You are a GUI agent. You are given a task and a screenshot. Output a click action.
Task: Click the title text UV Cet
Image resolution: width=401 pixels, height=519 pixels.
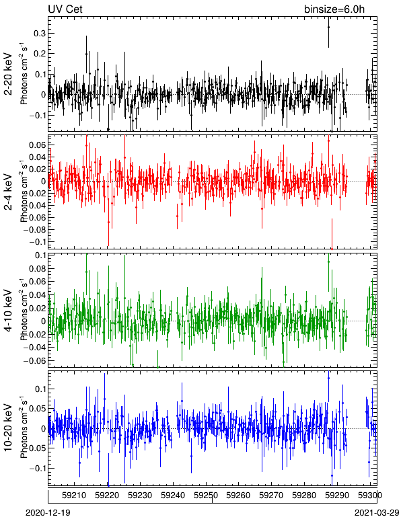click(x=65, y=9)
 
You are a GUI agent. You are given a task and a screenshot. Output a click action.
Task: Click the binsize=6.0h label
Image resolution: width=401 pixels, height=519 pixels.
click(x=334, y=9)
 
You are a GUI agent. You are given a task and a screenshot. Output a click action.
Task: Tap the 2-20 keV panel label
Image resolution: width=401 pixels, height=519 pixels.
click(x=8, y=74)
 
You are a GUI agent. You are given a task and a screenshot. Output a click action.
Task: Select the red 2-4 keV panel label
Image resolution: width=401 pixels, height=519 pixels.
click(x=8, y=192)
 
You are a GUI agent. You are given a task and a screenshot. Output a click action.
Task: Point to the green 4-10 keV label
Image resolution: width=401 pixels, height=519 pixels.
click(x=8, y=311)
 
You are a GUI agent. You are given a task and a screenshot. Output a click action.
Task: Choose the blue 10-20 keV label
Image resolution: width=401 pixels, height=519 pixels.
click(x=8, y=428)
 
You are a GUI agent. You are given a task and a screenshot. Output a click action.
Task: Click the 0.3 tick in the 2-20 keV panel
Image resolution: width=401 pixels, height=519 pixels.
click(x=40, y=33)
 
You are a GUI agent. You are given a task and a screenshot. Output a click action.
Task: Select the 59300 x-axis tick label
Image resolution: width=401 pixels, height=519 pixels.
click(x=370, y=495)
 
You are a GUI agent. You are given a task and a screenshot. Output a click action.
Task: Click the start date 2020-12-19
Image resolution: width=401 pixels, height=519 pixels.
click(x=48, y=513)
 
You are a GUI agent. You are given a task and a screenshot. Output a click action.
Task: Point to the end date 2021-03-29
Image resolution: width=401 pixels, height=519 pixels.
click(x=377, y=513)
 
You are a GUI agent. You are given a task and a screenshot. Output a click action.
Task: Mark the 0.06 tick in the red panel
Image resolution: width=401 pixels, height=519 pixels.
click(x=36, y=145)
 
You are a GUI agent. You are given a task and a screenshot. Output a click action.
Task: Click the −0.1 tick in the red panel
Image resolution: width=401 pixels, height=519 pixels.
click(x=36, y=241)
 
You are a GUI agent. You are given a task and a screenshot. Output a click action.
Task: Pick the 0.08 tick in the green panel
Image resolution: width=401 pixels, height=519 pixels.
click(x=36, y=268)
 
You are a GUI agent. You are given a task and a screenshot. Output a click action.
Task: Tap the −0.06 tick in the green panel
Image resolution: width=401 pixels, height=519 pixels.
click(x=34, y=360)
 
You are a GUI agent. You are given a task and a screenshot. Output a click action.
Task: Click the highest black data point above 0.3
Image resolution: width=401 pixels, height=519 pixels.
click(x=328, y=27)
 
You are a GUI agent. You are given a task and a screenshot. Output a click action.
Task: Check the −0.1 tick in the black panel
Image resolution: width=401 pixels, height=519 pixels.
click(x=36, y=115)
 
